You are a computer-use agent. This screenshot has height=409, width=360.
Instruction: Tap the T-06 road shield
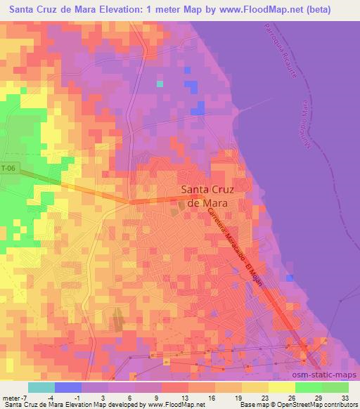click(8, 169)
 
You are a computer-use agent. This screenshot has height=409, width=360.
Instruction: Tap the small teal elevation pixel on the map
click(160, 84)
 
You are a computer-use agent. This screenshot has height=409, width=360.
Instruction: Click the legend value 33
click(344, 398)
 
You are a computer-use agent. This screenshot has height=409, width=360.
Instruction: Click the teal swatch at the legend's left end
click(41, 387)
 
